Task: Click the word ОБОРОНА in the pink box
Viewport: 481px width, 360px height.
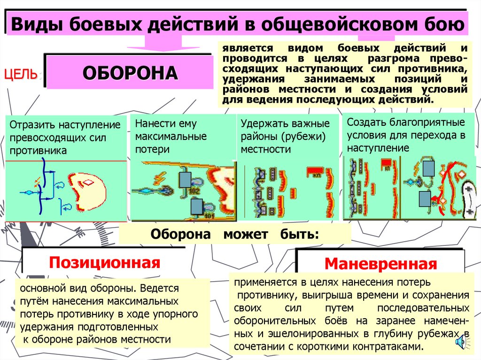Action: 131,73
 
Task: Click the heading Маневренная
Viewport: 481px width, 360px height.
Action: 380,263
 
